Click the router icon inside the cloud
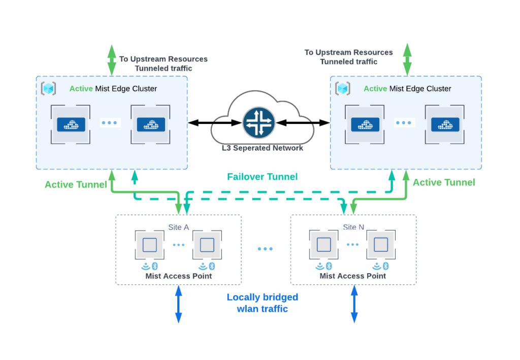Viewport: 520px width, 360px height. pos(259,122)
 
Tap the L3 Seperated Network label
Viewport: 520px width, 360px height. pos(263,148)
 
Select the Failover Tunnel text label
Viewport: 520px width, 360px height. pos(262,177)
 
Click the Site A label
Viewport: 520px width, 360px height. pos(178,227)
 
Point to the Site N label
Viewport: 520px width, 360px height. pos(353,227)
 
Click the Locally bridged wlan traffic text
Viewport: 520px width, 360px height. pos(262,303)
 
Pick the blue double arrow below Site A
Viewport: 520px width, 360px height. pos(178,304)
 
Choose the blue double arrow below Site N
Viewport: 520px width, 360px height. pos(354,304)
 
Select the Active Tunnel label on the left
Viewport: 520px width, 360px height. pos(76,184)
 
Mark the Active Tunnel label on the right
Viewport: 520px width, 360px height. pos(444,182)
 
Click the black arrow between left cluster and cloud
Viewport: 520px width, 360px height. pos(214,122)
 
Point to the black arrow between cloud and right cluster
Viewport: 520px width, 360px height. pos(303,122)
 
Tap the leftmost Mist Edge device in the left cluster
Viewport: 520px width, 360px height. pos(71,124)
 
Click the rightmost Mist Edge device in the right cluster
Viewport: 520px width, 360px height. pos(445,124)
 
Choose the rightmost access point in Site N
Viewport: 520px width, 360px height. pos(381,245)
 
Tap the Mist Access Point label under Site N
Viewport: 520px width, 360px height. pos(352,276)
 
